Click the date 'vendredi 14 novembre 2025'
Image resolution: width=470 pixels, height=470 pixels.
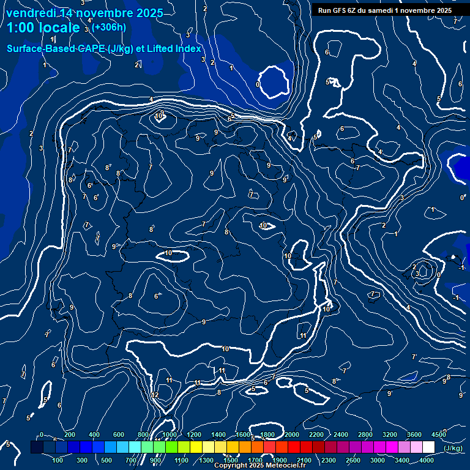(84, 13)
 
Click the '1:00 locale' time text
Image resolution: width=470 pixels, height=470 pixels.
(43, 28)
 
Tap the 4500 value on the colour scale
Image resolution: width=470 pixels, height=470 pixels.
(439, 435)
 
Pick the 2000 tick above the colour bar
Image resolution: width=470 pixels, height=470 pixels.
(292, 435)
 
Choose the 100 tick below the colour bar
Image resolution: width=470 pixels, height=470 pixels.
(59, 460)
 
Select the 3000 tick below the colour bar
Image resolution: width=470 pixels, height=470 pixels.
(378, 460)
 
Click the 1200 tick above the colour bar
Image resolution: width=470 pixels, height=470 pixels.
(194, 435)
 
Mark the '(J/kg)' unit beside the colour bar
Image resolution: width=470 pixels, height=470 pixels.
(453, 448)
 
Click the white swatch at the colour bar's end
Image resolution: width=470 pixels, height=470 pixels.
(429, 447)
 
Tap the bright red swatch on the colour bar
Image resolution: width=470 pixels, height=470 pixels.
(294, 447)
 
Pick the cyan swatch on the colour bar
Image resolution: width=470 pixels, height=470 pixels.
(123, 447)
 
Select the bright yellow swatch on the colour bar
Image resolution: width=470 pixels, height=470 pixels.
(209, 447)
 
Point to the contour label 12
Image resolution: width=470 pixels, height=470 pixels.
(155, 395)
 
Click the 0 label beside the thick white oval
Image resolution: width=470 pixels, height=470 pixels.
(258, 84)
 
